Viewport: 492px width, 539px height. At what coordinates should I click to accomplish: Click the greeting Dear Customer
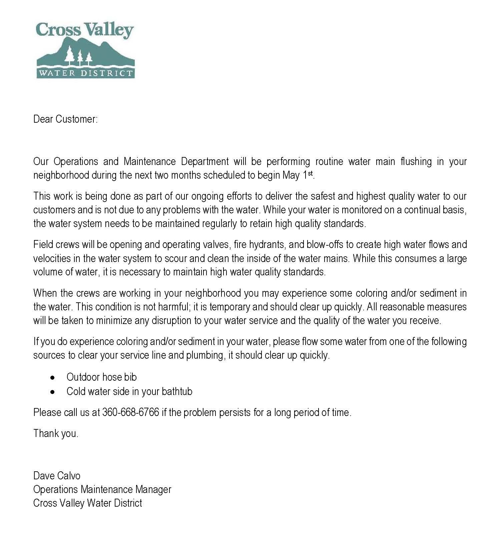[65, 119]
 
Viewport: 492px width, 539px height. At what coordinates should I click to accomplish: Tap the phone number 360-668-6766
[130, 412]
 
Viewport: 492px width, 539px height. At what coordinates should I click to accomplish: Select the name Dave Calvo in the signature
[57, 476]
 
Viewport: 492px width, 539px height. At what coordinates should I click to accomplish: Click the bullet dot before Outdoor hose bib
[52, 378]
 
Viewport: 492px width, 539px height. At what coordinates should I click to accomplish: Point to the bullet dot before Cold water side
[52, 392]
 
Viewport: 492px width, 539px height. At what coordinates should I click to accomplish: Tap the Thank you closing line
[56, 434]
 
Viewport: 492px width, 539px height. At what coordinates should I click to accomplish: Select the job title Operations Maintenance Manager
[102, 489]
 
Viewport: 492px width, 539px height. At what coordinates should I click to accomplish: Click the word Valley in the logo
[108, 30]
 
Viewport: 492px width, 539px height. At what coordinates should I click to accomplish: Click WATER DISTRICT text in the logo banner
[85, 73]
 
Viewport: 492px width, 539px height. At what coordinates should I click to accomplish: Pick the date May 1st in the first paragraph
[298, 175]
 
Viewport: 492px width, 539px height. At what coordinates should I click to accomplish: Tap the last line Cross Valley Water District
[87, 503]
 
